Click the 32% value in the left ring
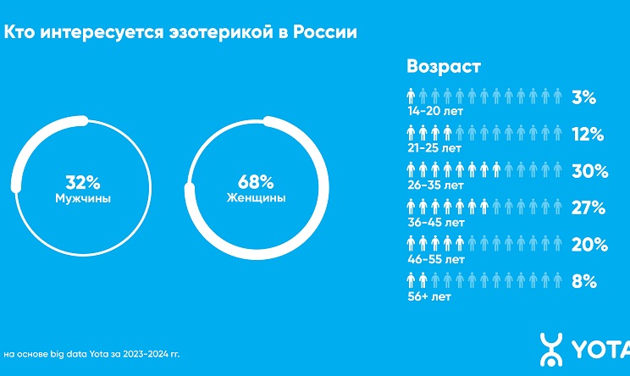click(x=82, y=181)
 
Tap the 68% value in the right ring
click(x=254, y=181)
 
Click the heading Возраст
click(x=443, y=67)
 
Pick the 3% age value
click(x=584, y=97)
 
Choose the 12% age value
click(x=586, y=134)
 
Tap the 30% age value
click(x=589, y=170)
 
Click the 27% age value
click(x=588, y=207)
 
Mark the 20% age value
click(x=589, y=245)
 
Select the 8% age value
click(x=584, y=281)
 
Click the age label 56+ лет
click(x=428, y=296)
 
